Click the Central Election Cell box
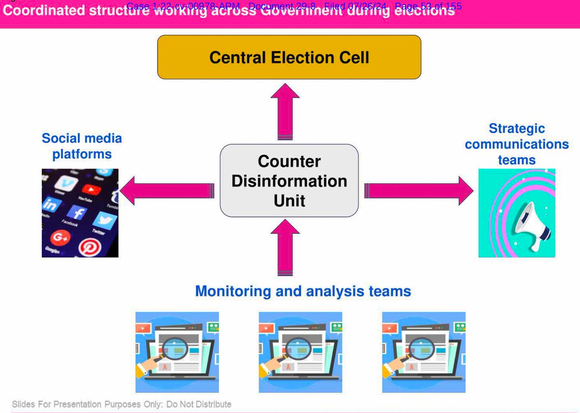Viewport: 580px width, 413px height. (289, 57)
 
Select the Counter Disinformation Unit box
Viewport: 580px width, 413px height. (289, 180)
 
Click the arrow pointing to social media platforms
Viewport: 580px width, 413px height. (167, 190)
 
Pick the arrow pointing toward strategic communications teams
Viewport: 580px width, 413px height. (419, 190)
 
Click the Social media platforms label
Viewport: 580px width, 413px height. (82, 146)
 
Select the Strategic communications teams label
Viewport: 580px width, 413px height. (517, 144)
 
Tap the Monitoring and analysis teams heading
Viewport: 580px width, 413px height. (303, 291)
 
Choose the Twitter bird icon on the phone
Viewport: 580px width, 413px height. (105, 221)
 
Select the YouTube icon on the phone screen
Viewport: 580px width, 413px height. (89, 189)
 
